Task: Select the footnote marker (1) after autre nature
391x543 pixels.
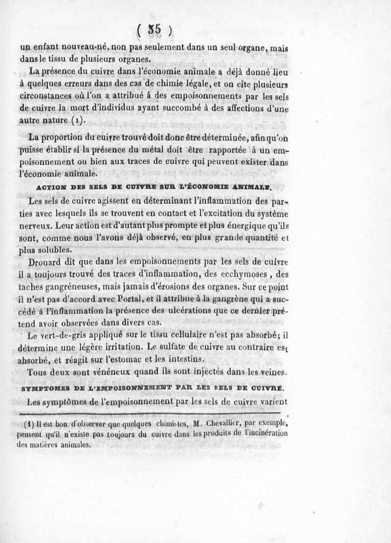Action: coord(77,119)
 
